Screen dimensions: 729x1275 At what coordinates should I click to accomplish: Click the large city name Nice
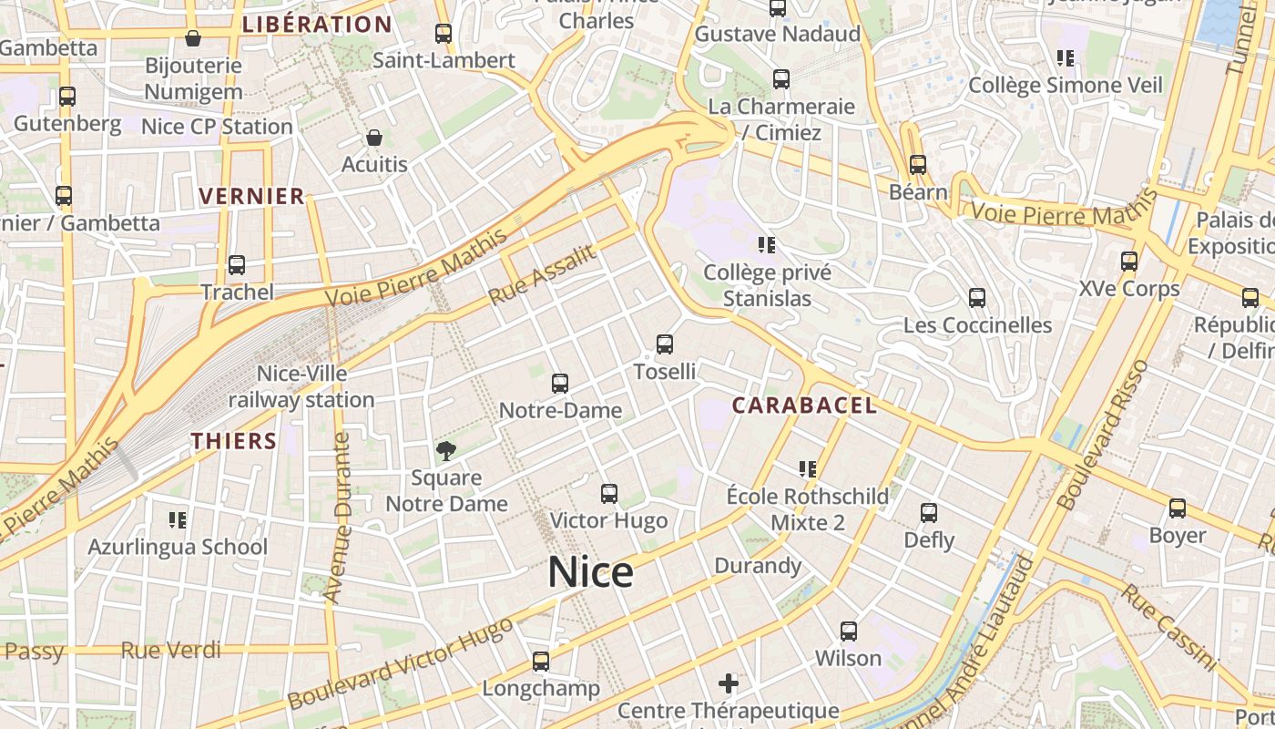pos(590,572)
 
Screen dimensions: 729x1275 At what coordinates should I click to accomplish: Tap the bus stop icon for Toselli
pos(665,344)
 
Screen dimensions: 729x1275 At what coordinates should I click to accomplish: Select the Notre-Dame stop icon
pos(560,384)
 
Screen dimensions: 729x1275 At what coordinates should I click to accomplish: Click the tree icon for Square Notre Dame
pos(446,449)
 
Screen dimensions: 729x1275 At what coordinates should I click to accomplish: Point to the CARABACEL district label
pos(805,406)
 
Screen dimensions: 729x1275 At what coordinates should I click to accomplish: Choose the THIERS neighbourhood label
pos(234,441)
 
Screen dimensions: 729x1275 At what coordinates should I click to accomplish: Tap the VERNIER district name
pos(251,196)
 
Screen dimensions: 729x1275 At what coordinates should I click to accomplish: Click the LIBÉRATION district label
pos(317,25)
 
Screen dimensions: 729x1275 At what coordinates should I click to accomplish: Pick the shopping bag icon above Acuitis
pos(373,138)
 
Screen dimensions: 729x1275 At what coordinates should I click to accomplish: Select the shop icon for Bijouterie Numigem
pos(193,38)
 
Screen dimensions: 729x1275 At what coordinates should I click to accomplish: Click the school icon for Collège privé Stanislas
pos(767,244)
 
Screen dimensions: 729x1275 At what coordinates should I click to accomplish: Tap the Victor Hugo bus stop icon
pos(609,494)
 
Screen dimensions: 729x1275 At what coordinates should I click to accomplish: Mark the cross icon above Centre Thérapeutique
pos(729,683)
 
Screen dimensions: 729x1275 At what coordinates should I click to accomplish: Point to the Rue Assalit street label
pos(543,275)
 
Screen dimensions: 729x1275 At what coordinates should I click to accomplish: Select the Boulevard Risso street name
pos(1103,435)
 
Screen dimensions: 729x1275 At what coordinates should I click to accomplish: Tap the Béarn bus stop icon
pos(918,165)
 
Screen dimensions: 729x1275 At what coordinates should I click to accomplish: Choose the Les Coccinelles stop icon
pos(977,298)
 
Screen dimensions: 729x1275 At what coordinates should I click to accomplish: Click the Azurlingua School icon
pos(178,520)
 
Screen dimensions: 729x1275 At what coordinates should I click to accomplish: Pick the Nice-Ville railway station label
pos(301,386)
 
